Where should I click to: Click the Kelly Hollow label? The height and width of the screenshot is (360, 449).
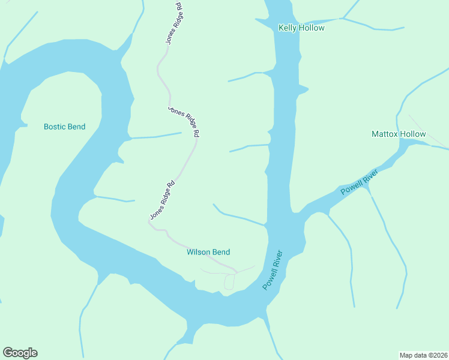click(301, 28)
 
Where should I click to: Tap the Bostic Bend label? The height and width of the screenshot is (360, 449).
click(64, 127)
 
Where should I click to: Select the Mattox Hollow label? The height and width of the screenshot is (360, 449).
click(399, 134)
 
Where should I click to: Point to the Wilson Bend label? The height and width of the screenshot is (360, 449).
click(208, 252)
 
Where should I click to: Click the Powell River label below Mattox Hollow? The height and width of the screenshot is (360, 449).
click(359, 182)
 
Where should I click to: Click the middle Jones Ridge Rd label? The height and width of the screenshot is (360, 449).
click(183, 122)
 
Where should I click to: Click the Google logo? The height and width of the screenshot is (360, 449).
click(20, 353)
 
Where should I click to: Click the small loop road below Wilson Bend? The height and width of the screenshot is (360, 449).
click(229, 282)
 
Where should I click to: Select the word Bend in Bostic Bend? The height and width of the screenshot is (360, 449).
click(76, 127)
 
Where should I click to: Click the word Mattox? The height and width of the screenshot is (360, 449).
click(385, 134)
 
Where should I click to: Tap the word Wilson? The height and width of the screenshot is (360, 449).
click(198, 252)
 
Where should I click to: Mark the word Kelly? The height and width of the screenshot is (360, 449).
click(287, 28)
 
